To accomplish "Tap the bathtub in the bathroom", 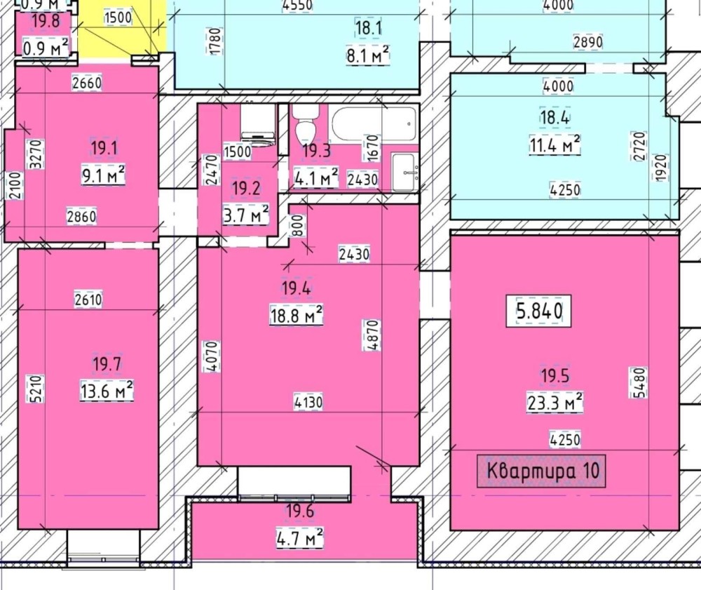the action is (x=374, y=123).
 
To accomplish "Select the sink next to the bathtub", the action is (x=404, y=172).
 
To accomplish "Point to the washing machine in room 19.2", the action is (x=257, y=126).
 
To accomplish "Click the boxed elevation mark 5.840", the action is (x=538, y=311).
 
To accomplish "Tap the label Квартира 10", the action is (x=541, y=471).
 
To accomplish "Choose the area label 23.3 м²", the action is (x=554, y=403).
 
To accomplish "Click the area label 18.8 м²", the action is (x=296, y=316).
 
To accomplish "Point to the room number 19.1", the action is (x=104, y=148).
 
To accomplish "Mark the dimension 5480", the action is (x=640, y=382).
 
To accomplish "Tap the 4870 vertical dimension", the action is (x=372, y=335).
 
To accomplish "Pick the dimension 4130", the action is (x=308, y=402).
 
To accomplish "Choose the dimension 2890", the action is (x=588, y=42).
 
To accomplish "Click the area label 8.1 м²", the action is (x=368, y=55).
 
